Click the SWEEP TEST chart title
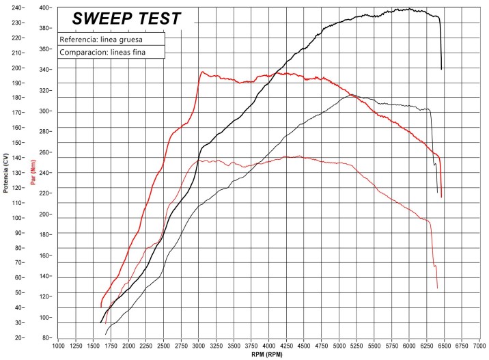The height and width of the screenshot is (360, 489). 126,18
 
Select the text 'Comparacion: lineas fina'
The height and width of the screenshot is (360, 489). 102,52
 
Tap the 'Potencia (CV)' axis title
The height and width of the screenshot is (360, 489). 6,173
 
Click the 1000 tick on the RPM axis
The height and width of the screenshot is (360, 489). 59,346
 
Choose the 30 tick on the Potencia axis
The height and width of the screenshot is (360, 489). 18,322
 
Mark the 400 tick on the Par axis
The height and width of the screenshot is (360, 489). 46,8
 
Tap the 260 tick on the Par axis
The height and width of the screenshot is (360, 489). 46,152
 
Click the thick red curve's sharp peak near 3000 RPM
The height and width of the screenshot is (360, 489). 203,71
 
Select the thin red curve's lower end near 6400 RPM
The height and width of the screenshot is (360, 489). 437,288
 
